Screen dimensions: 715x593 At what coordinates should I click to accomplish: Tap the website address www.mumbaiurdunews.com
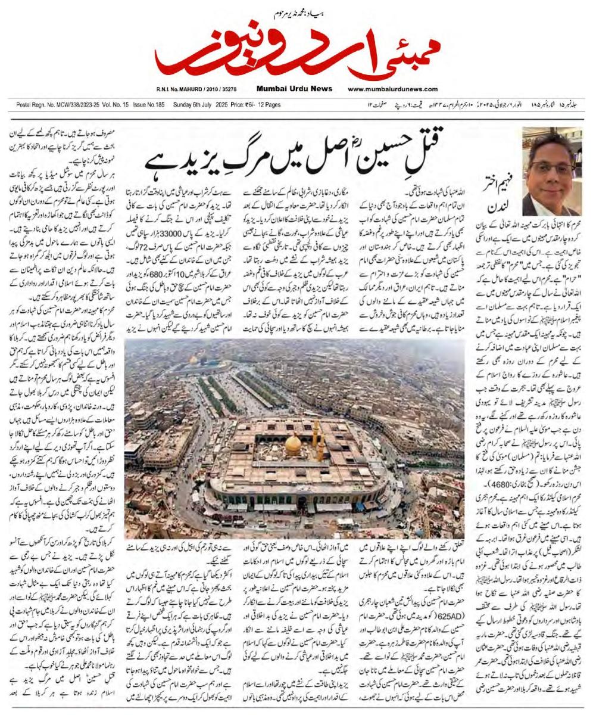coord(392,89)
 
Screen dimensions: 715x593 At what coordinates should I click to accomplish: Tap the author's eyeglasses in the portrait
coord(553,168)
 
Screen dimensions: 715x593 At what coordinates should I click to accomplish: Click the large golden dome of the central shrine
coord(293,444)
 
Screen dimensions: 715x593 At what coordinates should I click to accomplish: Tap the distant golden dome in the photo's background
coord(194,360)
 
